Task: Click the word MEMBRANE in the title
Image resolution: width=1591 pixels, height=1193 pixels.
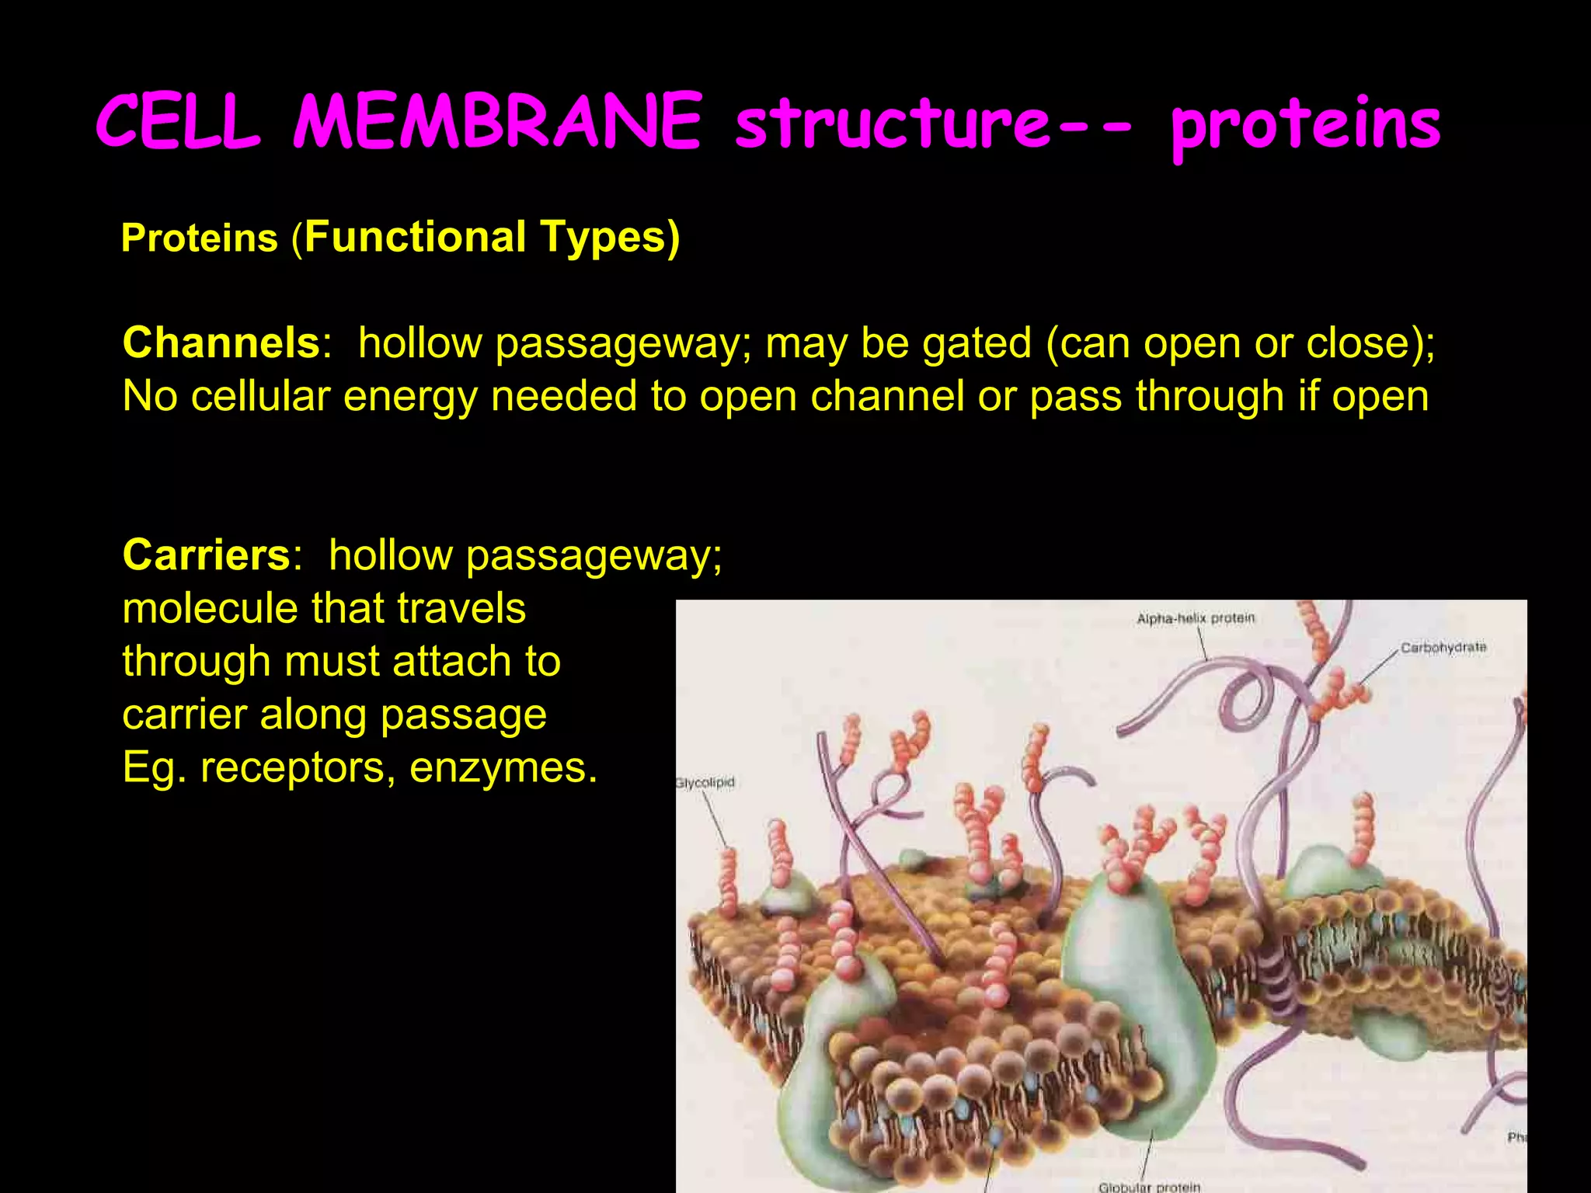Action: coord(497,122)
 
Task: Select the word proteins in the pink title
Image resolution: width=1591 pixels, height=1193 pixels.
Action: coord(1305,126)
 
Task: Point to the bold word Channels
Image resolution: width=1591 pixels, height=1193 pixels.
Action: coord(221,343)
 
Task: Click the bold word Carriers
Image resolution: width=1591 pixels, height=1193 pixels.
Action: coord(207,555)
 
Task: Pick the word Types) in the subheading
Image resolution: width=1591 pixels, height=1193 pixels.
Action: coord(610,237)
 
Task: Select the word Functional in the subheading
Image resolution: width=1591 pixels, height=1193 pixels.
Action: coord(416,237)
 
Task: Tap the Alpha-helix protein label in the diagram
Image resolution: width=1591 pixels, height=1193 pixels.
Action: coord(1196,618)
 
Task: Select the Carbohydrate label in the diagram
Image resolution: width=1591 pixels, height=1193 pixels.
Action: coord(1443,647)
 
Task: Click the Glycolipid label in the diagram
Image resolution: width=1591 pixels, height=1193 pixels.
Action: coord(705,782)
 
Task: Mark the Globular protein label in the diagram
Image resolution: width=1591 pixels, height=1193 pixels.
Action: coord(1149,1186)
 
